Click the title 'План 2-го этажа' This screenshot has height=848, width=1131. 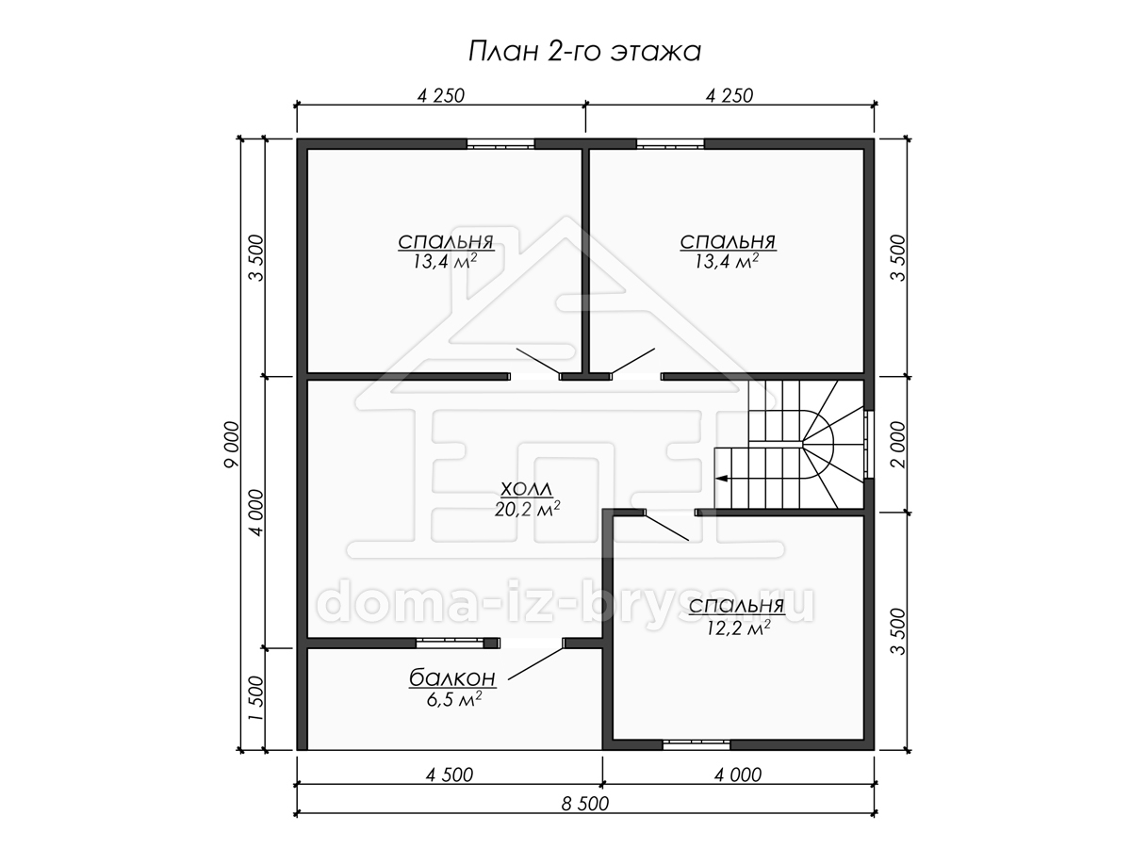tap(584, 52)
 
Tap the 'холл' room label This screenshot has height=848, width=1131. tap(527, 488)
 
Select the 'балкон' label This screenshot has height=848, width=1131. tap(452, 678)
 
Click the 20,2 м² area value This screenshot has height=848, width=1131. tap(527, 508)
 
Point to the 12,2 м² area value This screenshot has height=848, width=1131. tap(737, 628)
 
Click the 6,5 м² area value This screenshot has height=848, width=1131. tap(454, 699)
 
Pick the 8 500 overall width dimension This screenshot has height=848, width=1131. tap(585, 804)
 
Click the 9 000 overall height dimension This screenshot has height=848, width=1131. tap(233, 445)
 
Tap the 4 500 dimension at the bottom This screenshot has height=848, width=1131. tap(450, 775)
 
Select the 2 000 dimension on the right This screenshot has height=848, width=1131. tap(897, 445)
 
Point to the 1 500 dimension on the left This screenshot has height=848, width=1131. tap(256, 699)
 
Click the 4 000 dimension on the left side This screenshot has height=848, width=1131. tap(256, 513)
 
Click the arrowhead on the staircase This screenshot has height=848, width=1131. tap(721, 479)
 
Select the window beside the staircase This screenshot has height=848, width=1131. tap(869, 445)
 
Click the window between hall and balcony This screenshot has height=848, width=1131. tap(451, 642)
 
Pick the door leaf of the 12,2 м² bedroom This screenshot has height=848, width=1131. tap(666, 526)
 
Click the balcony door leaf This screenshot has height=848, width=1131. tap(536, 663)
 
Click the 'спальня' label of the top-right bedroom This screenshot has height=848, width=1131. tap(728, 241)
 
